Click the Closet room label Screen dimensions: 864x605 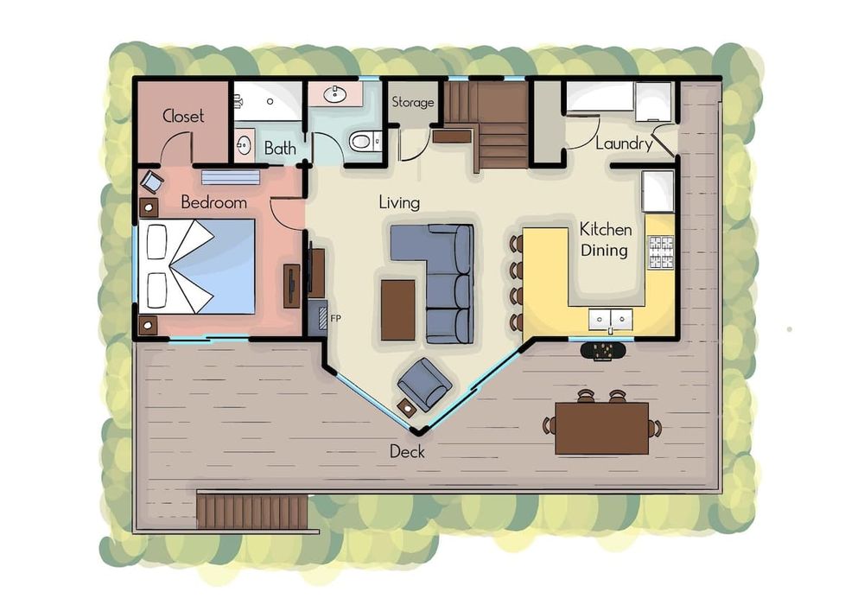tap(183, 116)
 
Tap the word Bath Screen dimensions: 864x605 tap(280, 148)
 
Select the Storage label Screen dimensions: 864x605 tap(413, 102)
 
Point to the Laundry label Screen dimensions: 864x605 tap(624, 143)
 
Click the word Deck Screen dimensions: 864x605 tap(407, 451)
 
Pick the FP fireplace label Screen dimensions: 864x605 tap(335, 318)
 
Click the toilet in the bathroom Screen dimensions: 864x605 tap(365, 141)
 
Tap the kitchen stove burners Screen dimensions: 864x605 tap(661, 252)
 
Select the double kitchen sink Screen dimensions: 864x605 tap(611, 319)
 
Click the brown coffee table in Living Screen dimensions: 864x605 tap(397, 310)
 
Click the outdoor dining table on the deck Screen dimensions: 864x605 tap(601, 428)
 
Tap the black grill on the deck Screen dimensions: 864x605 tap(603, 350)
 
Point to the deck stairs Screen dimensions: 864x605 tap(251, 512)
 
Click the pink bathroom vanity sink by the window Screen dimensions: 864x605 tap(334, 94)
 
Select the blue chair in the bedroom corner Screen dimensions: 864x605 tap(151, 181)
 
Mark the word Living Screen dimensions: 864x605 tap(399, 203)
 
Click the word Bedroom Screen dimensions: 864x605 tap(213, 202)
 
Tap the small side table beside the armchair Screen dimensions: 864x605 tap(408, 408)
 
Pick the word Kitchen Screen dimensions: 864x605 tap(606, 229)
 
